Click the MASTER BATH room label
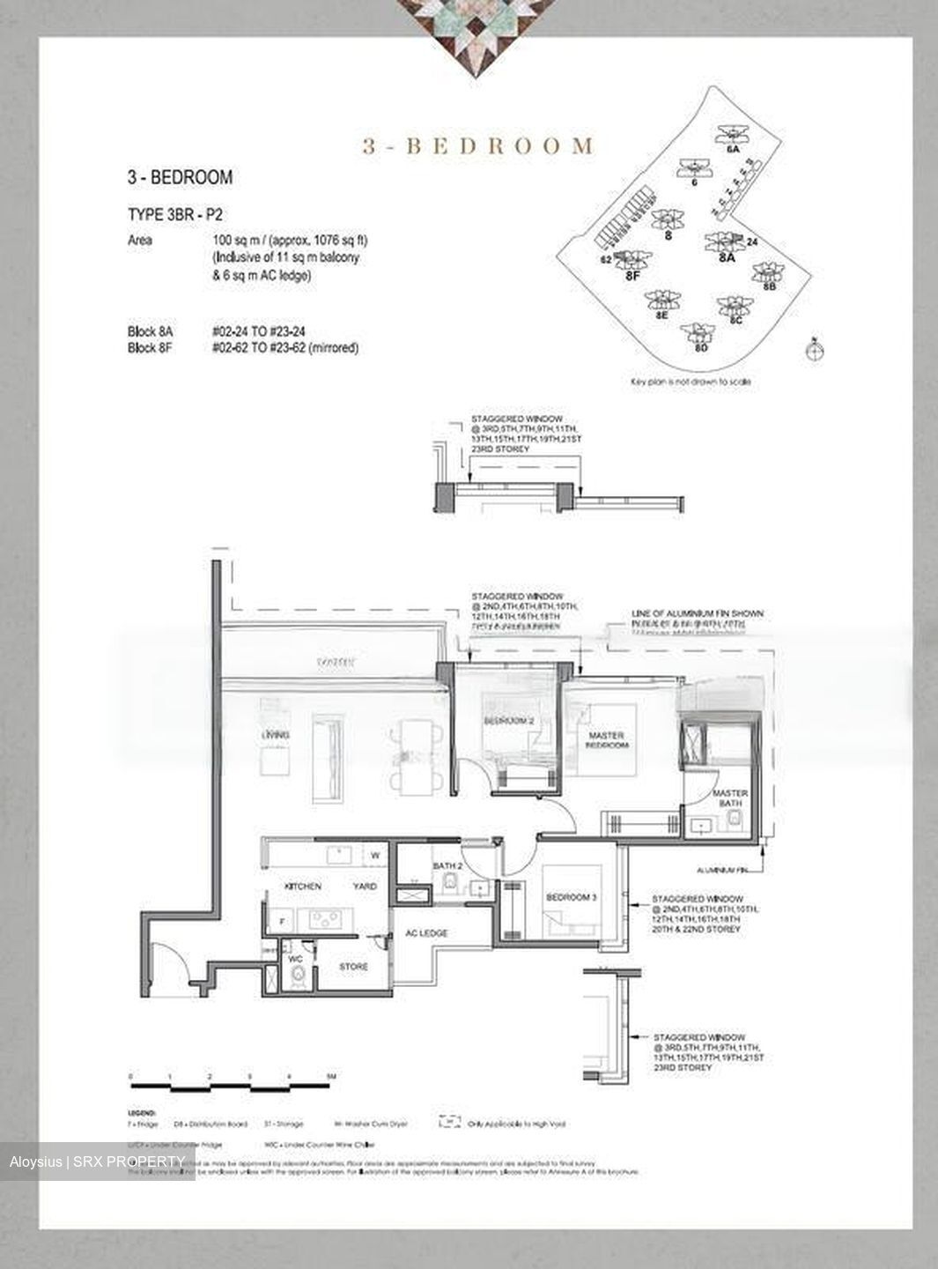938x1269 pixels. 729,798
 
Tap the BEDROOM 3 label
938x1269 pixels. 572,897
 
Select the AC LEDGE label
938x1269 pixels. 426,933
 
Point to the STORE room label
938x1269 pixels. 353,967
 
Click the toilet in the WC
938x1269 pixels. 299,976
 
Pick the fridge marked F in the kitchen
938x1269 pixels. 282,922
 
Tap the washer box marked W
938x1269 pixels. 374,855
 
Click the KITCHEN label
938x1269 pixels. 302,887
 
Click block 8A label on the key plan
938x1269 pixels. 726,258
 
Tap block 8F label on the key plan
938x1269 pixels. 632,276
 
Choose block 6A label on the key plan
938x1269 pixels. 733,151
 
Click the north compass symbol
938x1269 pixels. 816,350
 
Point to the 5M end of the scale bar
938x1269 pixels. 329,1077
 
